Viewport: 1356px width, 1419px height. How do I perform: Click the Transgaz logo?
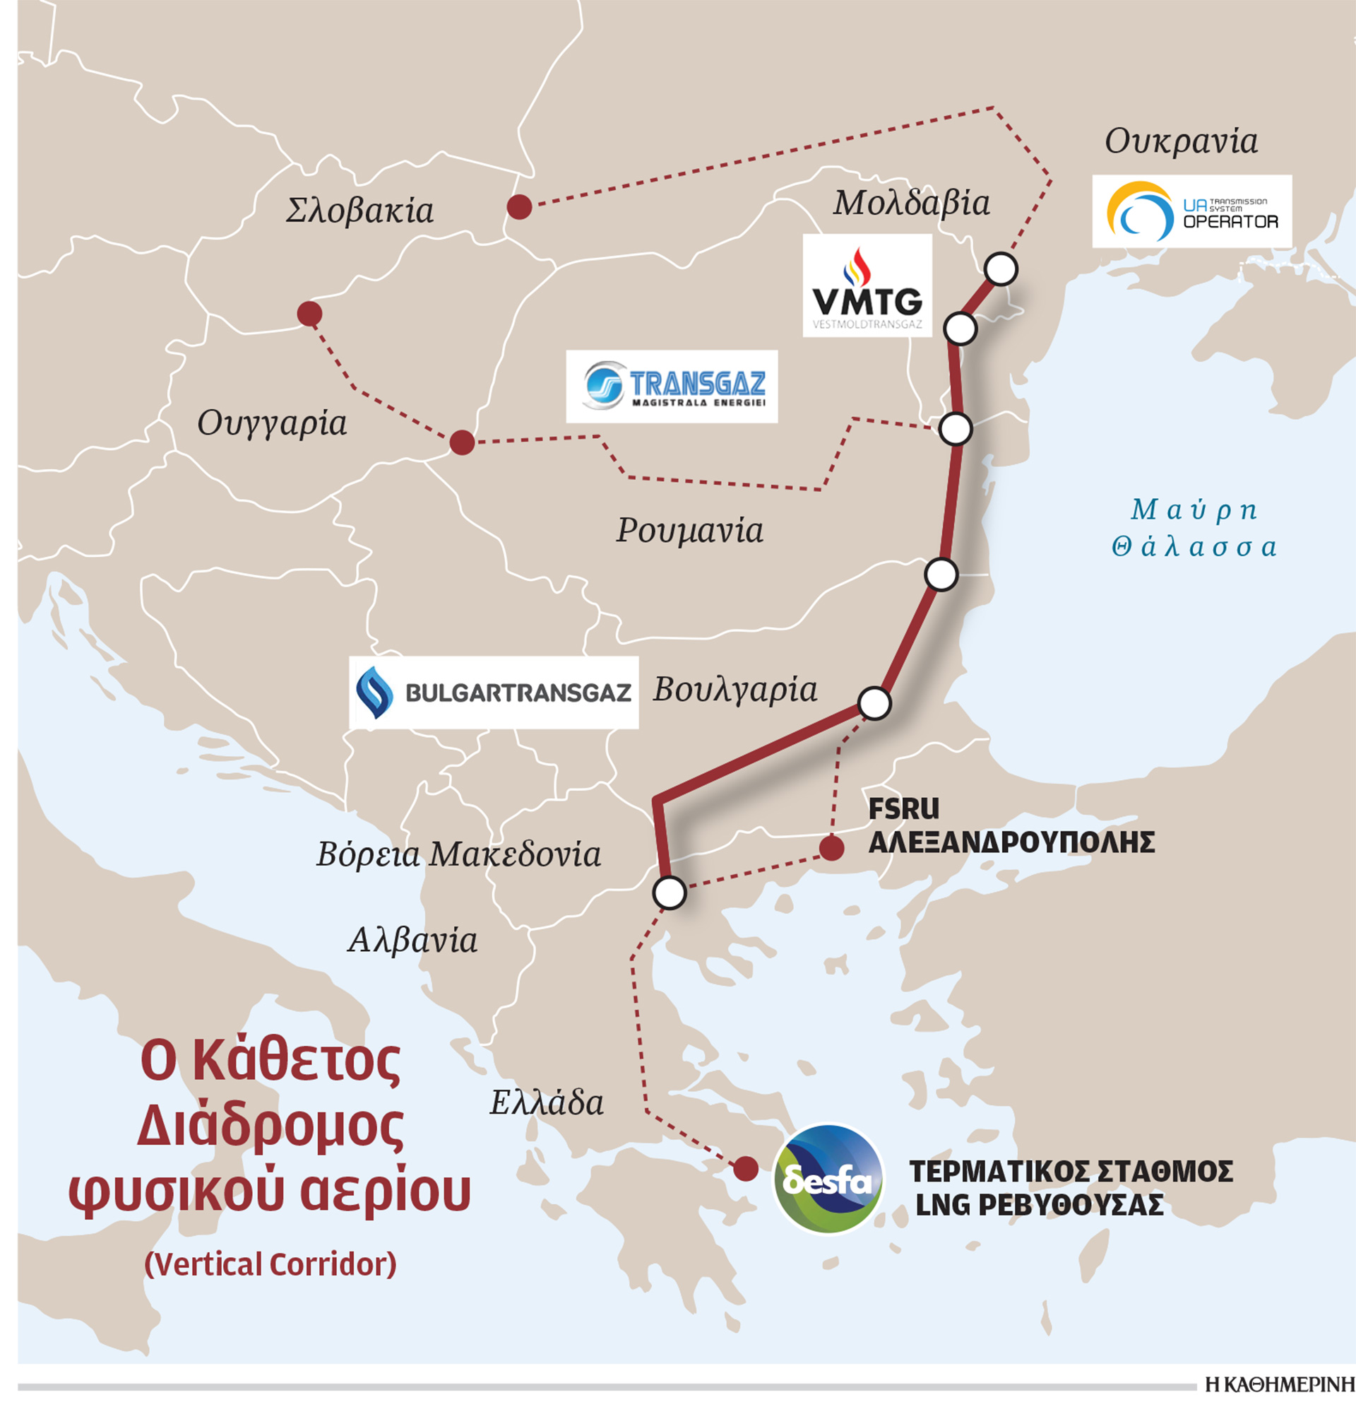coord(672,387)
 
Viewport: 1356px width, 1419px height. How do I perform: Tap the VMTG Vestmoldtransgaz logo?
coord(867,285)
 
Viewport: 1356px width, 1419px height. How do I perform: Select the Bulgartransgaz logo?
coord(494,692)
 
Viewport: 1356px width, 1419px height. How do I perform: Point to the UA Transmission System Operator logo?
coord(1191,211)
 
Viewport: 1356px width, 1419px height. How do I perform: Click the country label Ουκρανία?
coord(1181,142)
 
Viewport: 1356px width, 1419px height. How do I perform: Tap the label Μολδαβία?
coord(911,204)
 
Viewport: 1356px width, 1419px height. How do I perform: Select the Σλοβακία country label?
coord(359,211)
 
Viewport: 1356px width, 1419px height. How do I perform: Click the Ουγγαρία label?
coord(272,423)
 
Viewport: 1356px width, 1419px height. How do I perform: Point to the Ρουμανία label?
coord(689,531)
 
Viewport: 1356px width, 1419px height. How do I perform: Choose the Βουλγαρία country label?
coord(735,690)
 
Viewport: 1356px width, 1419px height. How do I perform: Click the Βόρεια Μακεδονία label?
coord(458,854)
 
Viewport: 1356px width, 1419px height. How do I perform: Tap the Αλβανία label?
coord(412,940)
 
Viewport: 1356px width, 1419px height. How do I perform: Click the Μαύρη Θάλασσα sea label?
coord(1194,528)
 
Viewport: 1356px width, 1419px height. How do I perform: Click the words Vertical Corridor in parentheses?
coord(270,1264)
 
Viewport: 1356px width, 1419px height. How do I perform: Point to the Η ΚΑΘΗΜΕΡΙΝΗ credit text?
coord(1280,1384)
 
